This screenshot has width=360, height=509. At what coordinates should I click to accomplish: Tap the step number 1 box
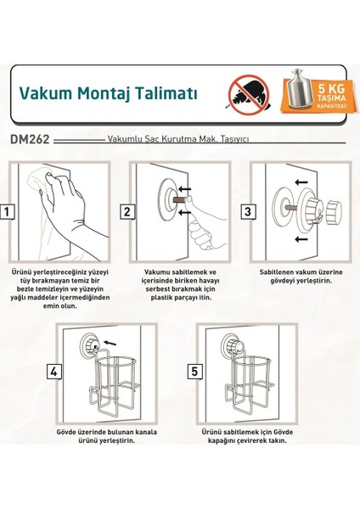pos(8,211)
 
